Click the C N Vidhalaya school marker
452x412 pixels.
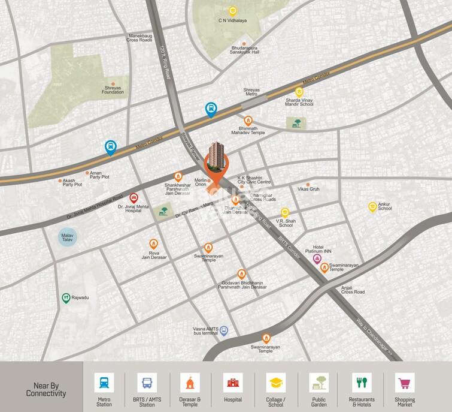pyautogui.click(x=233, y=11)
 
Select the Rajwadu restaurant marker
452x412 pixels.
pyautogui.click(x=66, y=297)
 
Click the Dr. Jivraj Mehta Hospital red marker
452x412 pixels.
pyautogui.click(x=134, y=197)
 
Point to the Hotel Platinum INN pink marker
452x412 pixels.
pyautogui.click(x=317, y=259)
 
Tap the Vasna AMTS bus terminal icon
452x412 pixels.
pyautogui.click(x=224, y=330)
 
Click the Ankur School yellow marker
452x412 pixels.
pyautogui.click(x=372, y=206)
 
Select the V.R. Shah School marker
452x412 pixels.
pyautogui.click(x=285, y=212)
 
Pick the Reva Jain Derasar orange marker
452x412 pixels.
pyautogui.click(x=154, y=243)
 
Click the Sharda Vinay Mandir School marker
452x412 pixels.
pyautogui.click(x=299, y=92)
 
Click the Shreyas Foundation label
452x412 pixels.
pyautogui.click(x=113, y=89)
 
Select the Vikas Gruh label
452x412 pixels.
pyautogui.click(x=309, y=189)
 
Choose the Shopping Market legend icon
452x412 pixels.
pyautogui.click(x=405, y=382)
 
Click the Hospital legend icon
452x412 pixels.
pyautogui.click(x=233, y=382)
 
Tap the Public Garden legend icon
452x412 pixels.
pyautogui.click(x=318, y=382)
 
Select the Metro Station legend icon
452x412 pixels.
pyautogui.click(x=104, y=382)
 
